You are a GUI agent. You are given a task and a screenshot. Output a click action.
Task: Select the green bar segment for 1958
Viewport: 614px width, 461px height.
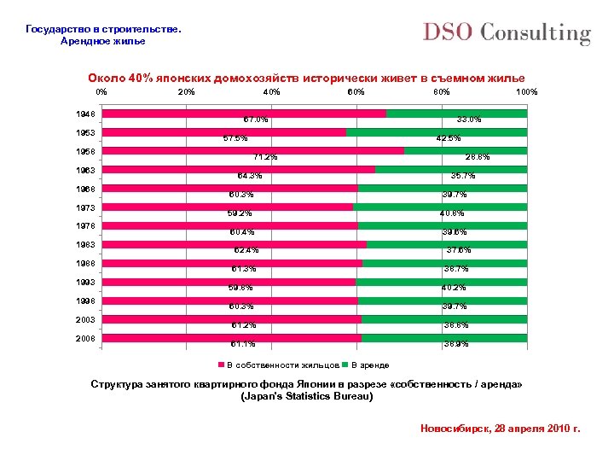pyautogui.click(x=466, y=151)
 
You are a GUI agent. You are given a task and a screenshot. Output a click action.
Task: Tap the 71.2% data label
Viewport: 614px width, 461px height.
pyautogui.click(x=265, y=157)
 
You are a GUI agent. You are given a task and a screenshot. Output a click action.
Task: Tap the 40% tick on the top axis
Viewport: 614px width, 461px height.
pyautogui.click(x=271, y=91)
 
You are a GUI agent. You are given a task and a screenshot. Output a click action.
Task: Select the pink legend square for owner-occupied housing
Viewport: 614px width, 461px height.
pyautogui.click(x=222, y=365)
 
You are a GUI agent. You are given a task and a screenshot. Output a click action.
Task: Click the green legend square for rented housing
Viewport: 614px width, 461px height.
pyautogui.click(x=345, y=365)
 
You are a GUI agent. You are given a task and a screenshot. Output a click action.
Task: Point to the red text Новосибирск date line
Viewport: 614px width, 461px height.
pyautogui.click(x=501, y=428)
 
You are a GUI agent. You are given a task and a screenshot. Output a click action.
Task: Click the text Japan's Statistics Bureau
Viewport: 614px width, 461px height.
pyautogui.click(x=307, y=397)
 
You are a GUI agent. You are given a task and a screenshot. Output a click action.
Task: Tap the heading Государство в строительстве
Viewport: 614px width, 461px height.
pyautogui.click(x=103, y=29)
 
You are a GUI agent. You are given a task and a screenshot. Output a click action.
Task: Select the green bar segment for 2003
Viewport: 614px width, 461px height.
pyautogui.click(x=444, y=319)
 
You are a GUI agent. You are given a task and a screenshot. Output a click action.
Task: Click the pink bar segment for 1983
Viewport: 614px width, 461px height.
pyautogui.click(x=235, y=245)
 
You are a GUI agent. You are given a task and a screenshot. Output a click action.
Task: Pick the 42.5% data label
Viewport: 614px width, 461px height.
pyautogui.click(x=449, y=138)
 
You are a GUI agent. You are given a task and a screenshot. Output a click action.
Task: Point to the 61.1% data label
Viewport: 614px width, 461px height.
pyautogui.click(x=243, y=345)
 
